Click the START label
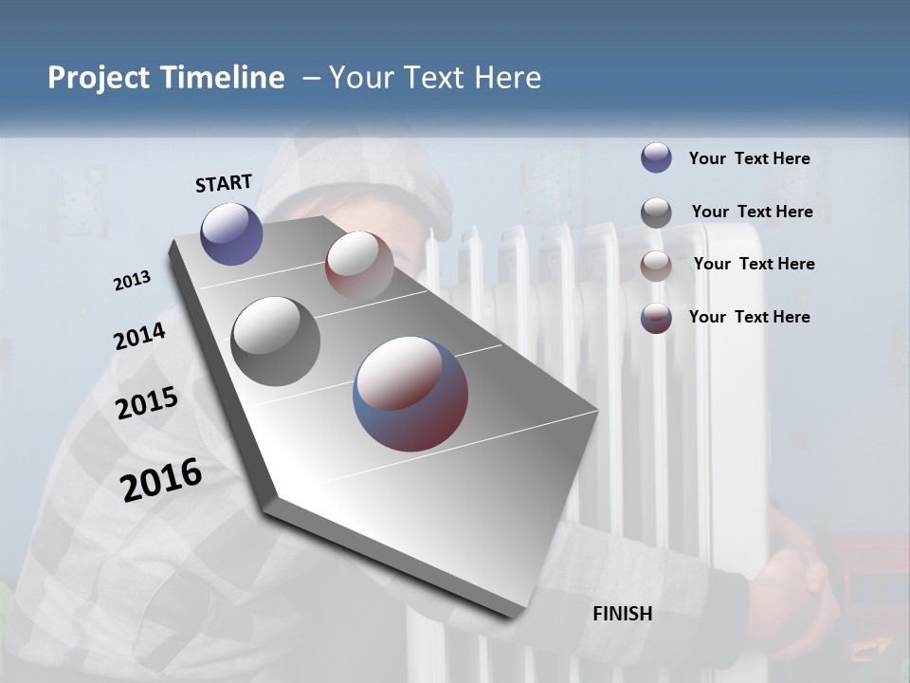click(x=224, y=183)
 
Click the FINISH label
click(x=622, y=614)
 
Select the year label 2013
click(x=133, y=281)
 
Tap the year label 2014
click(x=140, y=336)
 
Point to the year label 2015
click(x=147, y=403)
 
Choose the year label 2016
click(x=161, y=479)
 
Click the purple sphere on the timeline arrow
click(x=231, y=233)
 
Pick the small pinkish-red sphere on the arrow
click(x=359, y=265)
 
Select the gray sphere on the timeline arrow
click(x=276, y=341)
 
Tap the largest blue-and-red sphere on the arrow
click(x=410, y=393)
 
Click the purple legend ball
click(x=656, y=157)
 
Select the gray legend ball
click(x=656, y=212)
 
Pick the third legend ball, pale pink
click(x=656, y=266)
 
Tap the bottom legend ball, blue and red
click(x=656, y=318)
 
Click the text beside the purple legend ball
click(x=749, y=158)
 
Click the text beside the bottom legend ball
click(x=749, y=317)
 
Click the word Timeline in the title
click(x=224, y=78)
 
